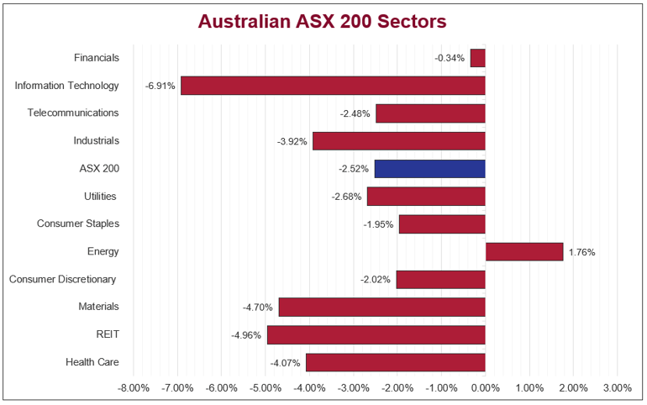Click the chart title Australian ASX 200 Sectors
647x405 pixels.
(x=323, y=21)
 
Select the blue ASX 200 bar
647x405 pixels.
(x=430, y=169)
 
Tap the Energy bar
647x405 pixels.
(x=524, y=251)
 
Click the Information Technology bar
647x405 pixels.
(x=333, y=86)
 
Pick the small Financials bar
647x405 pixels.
(x=478, y=58)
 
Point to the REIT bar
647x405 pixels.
(x=376, y=334)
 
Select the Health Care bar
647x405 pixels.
(x=396, y=362)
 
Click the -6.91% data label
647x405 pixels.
(x=160, y=86)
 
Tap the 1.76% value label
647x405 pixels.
(x=581, y=252)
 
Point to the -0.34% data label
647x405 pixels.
(x=450, y=58)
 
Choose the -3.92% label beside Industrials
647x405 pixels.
(x=292, y=141)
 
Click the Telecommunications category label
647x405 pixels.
(x=73, y=113)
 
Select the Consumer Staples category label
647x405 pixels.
(x=78, y=224)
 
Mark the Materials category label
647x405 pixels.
(x=98, y=307)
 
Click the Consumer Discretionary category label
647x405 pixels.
(x=62, y=279)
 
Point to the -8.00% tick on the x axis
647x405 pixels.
(x=134, y=388)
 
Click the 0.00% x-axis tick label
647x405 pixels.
(x=485, y=388)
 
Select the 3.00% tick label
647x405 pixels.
(x=617, y=388)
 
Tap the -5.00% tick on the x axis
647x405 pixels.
(x=266, y=388)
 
